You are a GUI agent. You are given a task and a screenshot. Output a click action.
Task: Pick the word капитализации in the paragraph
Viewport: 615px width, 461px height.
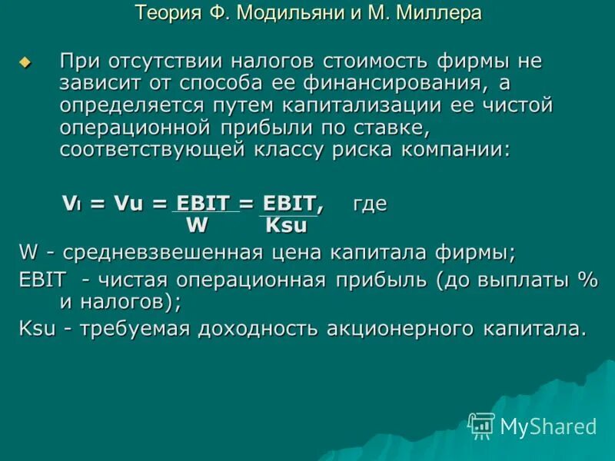360,105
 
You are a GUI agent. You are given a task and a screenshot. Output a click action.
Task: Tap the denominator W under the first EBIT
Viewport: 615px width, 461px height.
197,225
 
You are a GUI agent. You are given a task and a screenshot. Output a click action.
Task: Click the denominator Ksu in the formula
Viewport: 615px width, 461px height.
285,225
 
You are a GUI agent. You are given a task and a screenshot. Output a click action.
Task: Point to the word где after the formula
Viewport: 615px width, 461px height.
369,204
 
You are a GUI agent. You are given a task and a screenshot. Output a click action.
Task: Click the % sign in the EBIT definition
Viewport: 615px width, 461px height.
587,280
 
